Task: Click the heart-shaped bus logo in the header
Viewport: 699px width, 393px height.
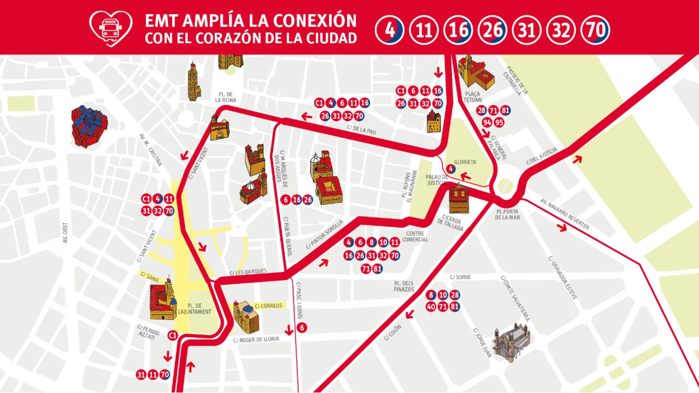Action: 111,27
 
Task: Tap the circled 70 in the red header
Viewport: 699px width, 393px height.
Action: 595,30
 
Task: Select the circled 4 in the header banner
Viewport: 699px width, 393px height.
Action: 390,30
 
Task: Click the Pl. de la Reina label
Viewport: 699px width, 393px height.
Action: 225,97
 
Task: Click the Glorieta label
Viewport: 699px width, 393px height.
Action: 465,162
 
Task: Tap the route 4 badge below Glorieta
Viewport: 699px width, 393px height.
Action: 450,169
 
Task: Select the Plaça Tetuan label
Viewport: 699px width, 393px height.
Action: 472,97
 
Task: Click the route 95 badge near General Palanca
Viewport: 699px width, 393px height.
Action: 499,122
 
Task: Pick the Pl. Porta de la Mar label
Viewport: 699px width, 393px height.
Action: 507,215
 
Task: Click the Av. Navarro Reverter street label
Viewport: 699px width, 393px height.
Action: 564,214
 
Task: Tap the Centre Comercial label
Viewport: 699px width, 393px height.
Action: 415,237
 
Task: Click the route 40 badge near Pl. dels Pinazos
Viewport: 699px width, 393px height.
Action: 431,307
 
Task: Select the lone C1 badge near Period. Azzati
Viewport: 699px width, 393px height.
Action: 173,335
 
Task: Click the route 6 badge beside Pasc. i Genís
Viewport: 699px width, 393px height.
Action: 302,327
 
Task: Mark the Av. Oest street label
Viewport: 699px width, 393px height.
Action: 65,233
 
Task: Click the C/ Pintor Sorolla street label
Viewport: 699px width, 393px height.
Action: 324,235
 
